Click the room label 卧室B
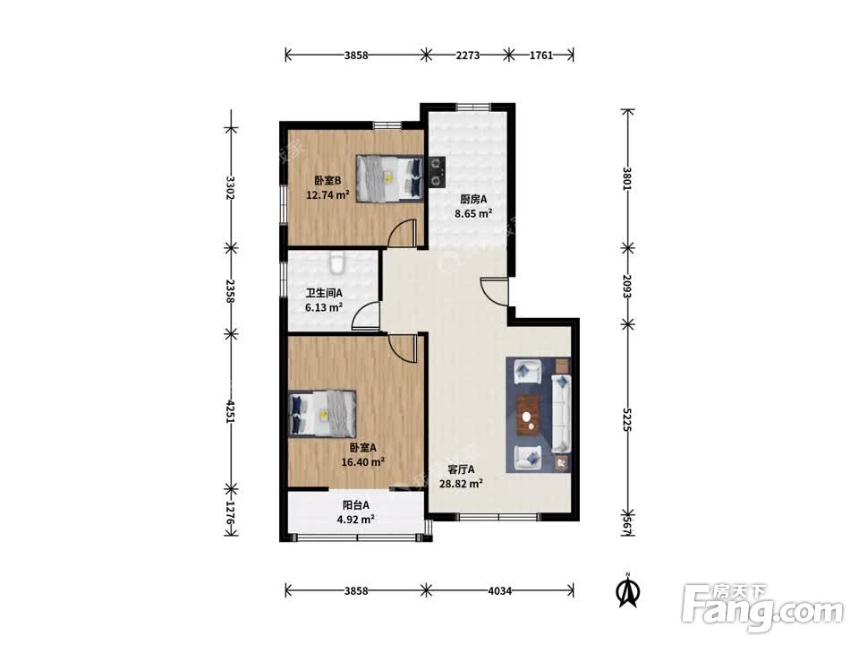click(327, 180)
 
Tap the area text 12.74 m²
click(327, 194)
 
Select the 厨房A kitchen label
click(473, 200)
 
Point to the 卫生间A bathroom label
click(324, 294)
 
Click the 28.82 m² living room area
click(461, 484)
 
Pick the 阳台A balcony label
click(355, 505)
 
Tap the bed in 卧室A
click(322, 414)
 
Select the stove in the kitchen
click(437, 172)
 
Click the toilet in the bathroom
click(337, 262)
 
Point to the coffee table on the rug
click(528, 415)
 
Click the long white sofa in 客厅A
click(560, 414)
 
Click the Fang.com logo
click(762, 607)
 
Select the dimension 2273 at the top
click(467, 55)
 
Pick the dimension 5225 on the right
click(627, 419)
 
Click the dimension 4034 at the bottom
click(499, 590)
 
